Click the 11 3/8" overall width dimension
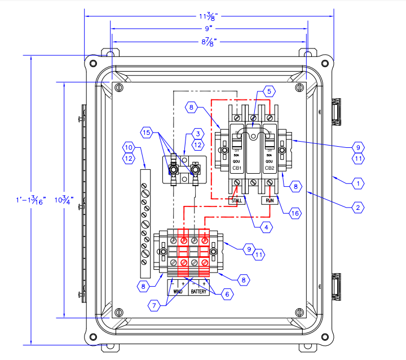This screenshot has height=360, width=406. tap(209, 16)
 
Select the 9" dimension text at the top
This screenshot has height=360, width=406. tap(209, 27)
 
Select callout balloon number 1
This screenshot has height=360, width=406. tap(356, 183)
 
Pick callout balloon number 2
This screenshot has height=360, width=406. tap(356, 208)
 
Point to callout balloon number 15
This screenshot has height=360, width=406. tap(146, 133)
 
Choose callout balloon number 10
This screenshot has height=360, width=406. tap(129, 148)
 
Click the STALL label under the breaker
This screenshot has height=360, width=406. tap(236, 200)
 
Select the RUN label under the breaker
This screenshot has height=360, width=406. tap(268, 200)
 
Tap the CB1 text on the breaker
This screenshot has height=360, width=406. tap(236, 168)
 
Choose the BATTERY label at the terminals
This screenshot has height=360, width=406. tap(199, 292)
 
